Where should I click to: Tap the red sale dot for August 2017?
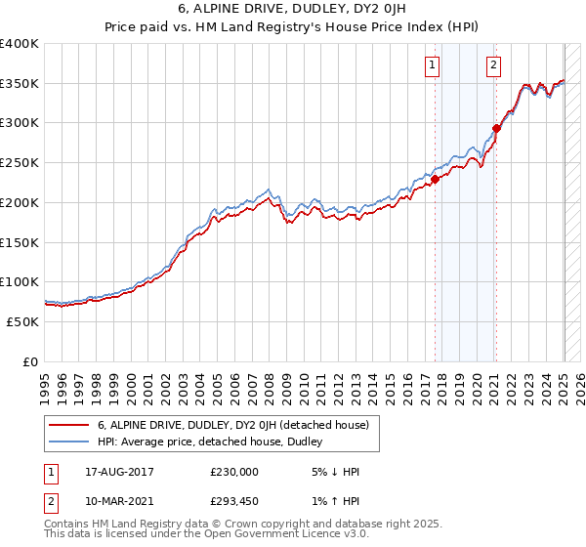(x=436, y=178)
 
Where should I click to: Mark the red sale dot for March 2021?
(x=497, y=127)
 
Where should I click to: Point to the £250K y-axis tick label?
(x=21, y=163)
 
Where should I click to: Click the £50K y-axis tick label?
(x=24, y=321)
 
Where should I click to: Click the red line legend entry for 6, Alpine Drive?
(x=232, y=425)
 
